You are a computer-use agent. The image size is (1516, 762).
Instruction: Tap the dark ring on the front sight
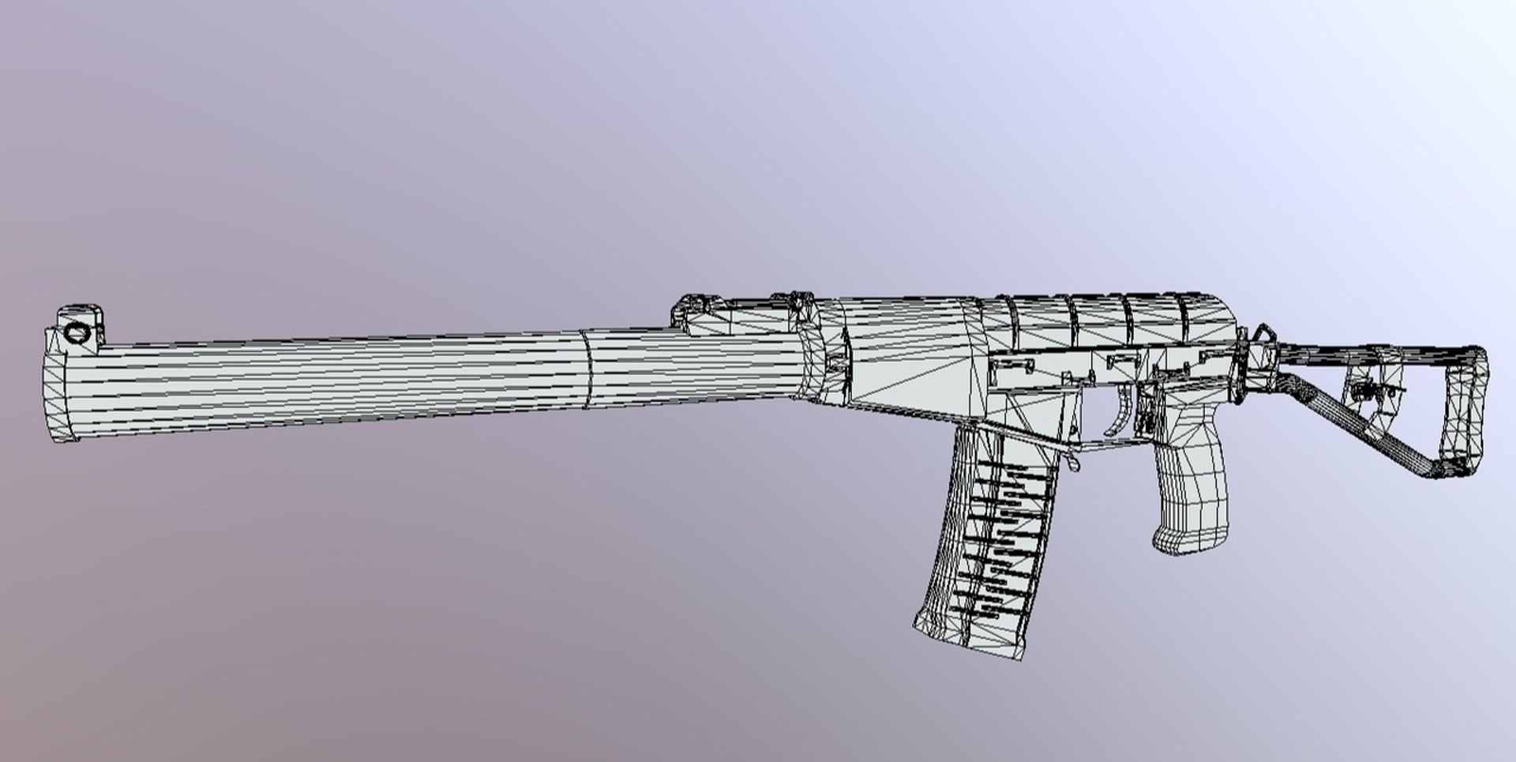(77, 332)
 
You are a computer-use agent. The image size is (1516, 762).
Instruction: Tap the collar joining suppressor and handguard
(813, 355)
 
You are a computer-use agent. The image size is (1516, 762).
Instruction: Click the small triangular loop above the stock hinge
(1263, 336)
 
